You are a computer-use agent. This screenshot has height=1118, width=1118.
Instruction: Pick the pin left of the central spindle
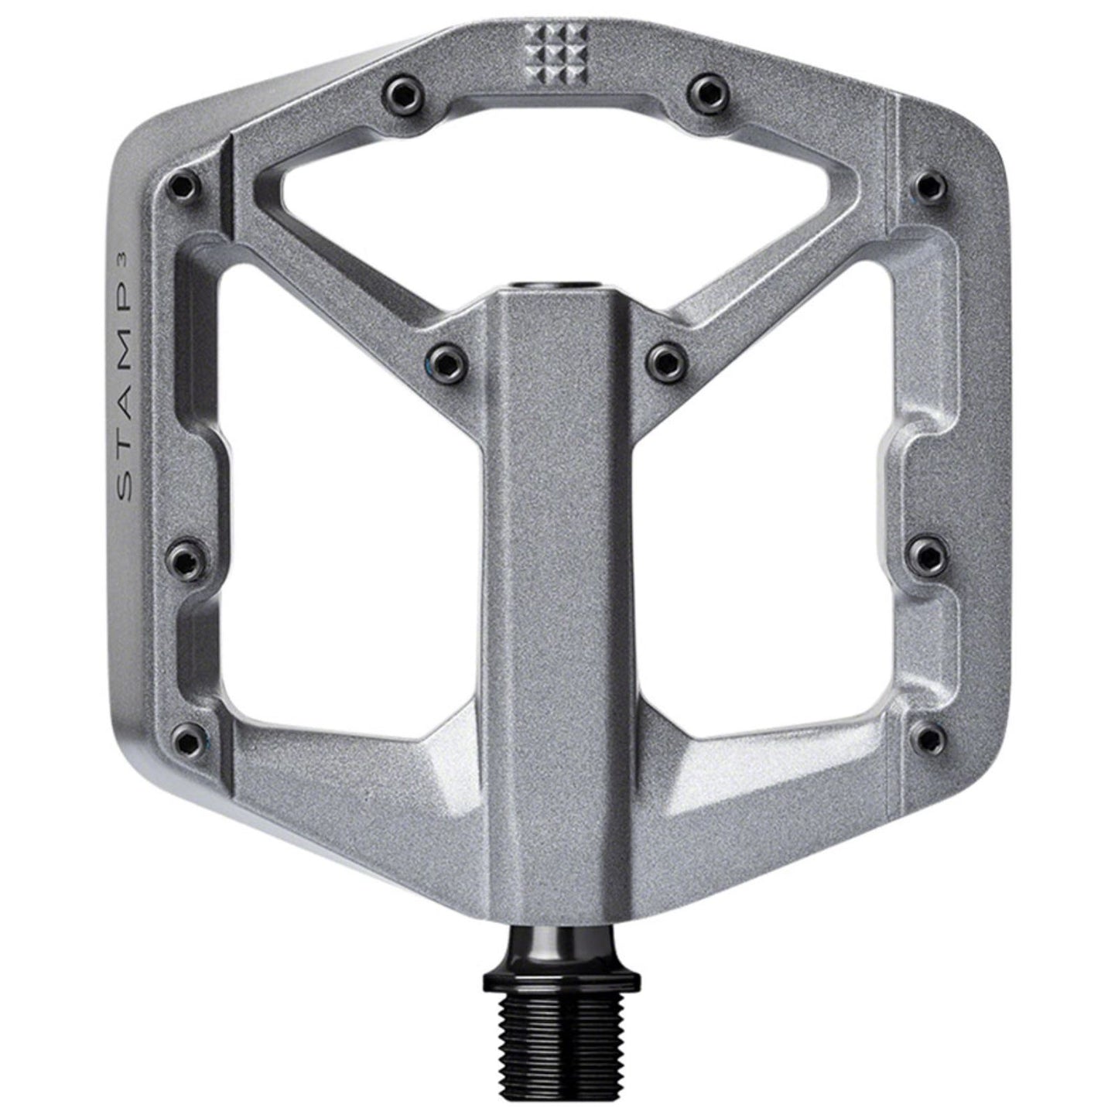click(444, 357)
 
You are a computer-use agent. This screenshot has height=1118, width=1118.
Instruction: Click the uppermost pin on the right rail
click(927, 186)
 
